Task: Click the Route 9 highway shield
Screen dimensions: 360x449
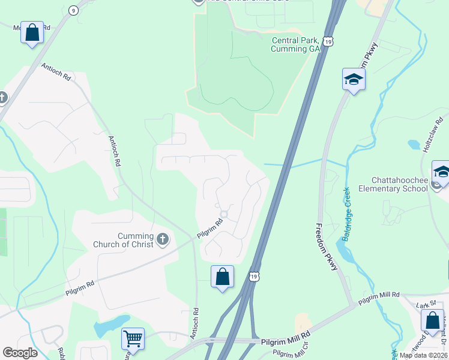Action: coord(73,10)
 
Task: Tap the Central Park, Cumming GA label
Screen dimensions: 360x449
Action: coord(296,44)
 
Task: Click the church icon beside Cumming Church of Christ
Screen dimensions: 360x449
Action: coord(162,240)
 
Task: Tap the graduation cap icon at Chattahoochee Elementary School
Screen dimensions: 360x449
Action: coord(441,171)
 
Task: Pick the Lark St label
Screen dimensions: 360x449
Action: coord(424,305)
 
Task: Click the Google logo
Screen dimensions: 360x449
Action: coord(20,353)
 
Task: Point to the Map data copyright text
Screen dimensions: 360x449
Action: coord(423,355)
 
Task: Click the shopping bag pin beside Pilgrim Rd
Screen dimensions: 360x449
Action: coord(222,277)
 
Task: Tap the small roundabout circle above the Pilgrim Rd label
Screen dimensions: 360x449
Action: coord(224,214)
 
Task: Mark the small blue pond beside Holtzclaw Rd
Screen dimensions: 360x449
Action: coord(414,145)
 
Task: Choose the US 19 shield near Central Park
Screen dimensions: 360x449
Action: coord(327,40)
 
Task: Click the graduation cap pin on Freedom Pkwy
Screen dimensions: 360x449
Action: coord(354,79)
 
